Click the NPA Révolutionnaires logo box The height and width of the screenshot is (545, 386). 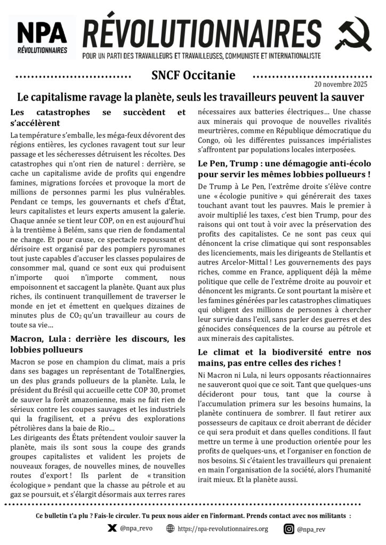click(42, 38)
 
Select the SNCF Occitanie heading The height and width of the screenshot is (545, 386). click(189, 76)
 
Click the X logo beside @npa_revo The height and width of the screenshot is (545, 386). click(112, 529)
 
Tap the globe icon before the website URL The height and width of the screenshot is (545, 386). click(171, 529)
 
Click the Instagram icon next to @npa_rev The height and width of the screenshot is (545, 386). click(288, 529)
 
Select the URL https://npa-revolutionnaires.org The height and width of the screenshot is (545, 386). click(223, 529)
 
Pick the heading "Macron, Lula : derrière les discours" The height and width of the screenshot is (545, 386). click(98, 344)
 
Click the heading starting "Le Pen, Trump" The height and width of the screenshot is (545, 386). click(284, 168)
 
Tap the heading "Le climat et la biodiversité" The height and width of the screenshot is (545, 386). click(284, 357)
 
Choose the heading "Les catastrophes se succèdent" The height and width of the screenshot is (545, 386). click(98, 117)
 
